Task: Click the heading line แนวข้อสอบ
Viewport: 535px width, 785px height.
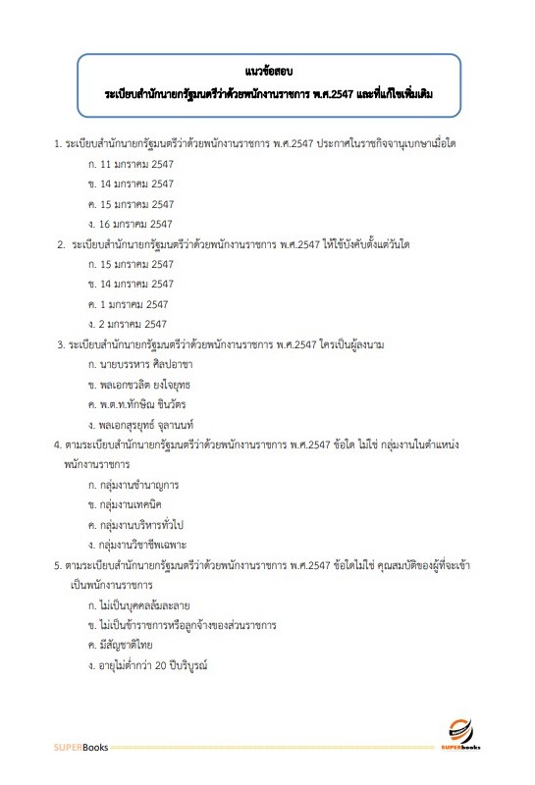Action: (267, 72)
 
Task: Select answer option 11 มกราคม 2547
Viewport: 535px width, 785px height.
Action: (136, 164)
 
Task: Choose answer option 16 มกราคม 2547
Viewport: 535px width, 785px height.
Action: (136, 224)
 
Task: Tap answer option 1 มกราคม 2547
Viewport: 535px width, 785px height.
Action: (134, 304)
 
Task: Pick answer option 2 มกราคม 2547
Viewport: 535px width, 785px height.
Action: (134, 324)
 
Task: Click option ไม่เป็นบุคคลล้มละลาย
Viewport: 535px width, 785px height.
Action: (144, 604)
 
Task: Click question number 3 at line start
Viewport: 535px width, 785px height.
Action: (60, 344)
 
